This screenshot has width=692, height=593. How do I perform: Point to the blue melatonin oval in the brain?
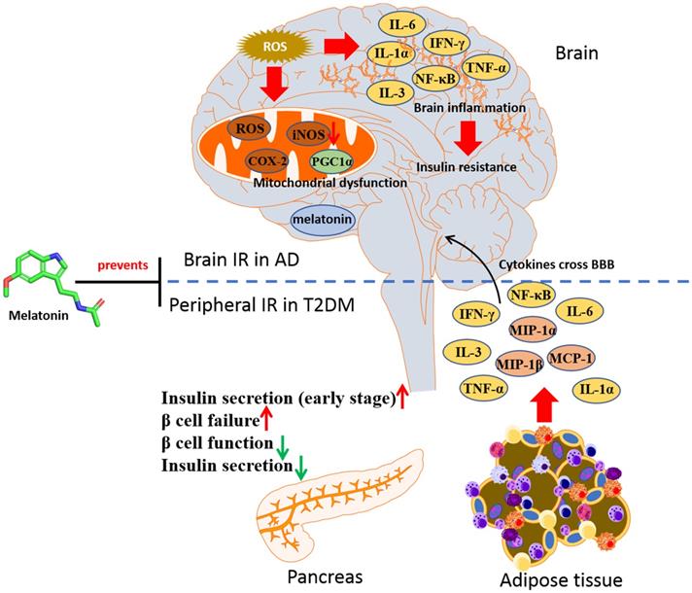click(x=322, y=220)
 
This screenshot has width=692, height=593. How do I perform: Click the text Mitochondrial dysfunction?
click(x=294, y=183)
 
